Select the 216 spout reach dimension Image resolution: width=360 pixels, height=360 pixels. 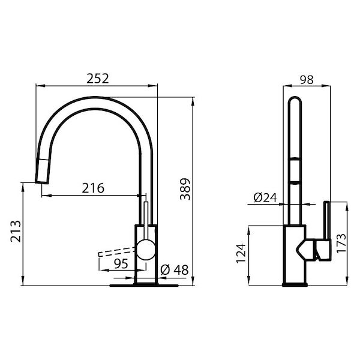coord(92,188)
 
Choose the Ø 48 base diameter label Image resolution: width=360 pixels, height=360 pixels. coord(175,270)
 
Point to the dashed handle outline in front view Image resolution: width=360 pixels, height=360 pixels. coord(114,251)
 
